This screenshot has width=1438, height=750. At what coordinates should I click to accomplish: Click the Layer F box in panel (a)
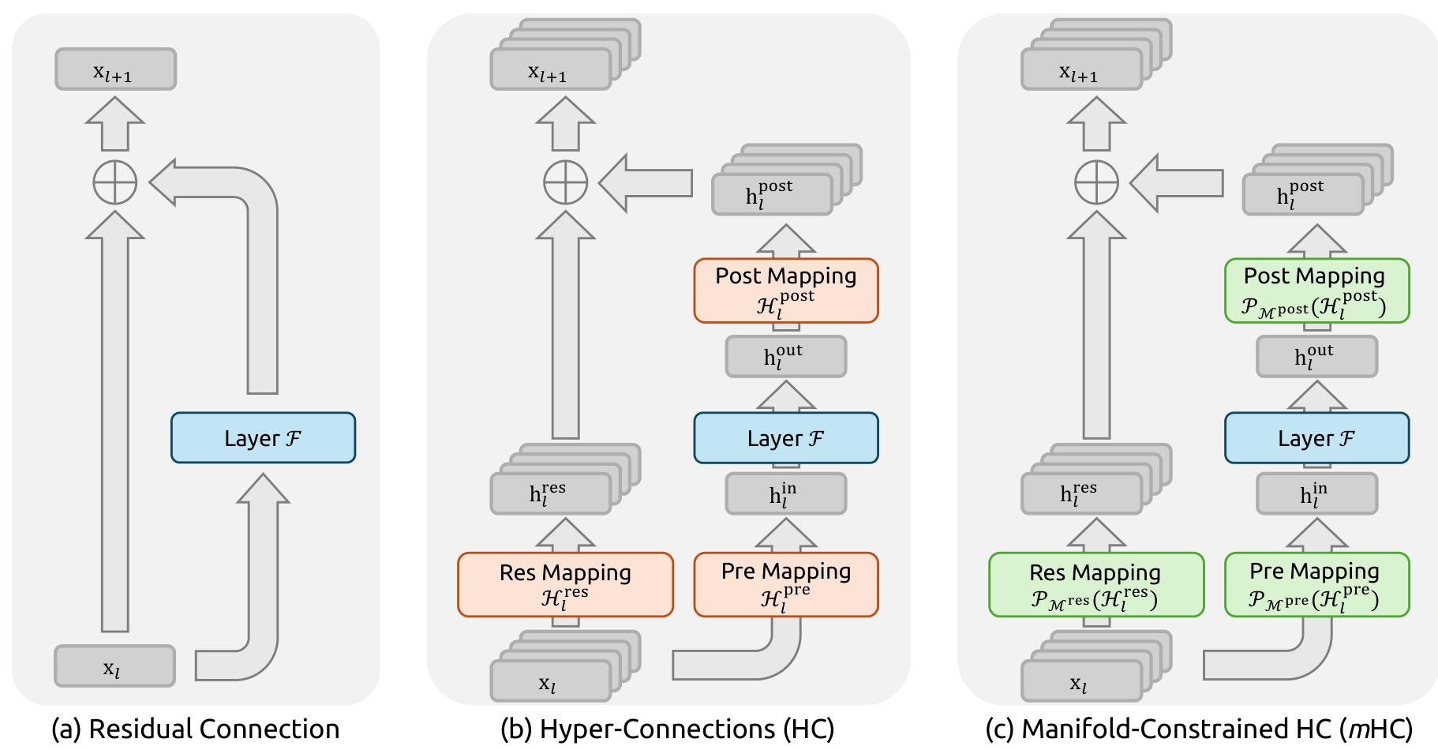coord(263,437)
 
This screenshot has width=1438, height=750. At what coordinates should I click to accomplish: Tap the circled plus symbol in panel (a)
coord(115,182)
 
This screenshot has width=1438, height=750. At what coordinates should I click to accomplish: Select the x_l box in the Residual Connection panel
coord(114,666)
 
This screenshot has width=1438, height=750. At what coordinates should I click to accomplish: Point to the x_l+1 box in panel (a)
coord(115,69)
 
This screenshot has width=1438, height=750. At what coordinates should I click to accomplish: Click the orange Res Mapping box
coord(565,584)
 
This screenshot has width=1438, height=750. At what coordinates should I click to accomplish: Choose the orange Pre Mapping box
coord(785,584)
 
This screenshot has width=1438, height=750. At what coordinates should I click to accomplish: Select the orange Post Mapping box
coord(785,291)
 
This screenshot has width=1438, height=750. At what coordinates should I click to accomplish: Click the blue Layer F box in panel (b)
coord(785,437)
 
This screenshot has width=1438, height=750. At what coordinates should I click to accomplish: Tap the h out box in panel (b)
coord(785,356)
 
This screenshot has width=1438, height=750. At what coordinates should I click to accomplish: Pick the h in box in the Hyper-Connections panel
coord(785,493)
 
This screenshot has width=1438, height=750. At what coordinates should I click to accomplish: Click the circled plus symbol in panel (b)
coord(565,182)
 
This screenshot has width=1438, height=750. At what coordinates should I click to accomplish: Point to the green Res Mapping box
coord(1095,584)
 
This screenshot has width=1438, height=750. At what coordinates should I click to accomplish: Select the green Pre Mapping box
coord(1316,584)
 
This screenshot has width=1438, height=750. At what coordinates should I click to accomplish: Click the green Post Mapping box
coord(1316,291)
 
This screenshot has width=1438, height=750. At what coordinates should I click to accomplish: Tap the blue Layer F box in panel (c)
coord(1316,437)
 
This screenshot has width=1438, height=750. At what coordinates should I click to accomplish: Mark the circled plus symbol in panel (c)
coord(1096,182)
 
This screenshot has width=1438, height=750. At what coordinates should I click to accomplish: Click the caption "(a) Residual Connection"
coord(195,729)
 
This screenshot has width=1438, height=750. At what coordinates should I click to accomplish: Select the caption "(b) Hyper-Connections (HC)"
coord(667,729)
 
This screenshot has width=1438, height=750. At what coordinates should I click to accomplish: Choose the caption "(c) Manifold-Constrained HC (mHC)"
coord(1198,729)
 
